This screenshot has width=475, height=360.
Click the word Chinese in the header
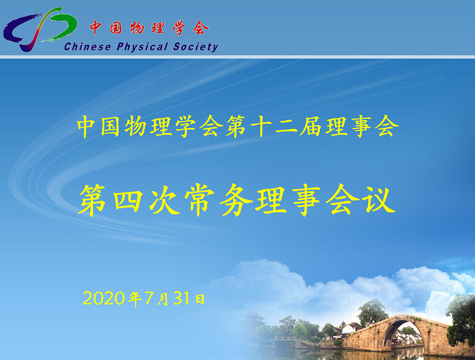(x=87, y=47)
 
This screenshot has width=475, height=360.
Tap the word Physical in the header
(x=142, y=47)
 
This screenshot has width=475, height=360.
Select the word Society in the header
(x=196, y=47)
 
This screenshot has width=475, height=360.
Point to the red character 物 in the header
(x=137, y=28)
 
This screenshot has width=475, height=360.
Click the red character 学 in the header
(x=179, y=28)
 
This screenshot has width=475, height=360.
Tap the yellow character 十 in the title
(x=262, y=127)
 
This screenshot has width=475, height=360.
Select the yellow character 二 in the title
(x=286, y=127)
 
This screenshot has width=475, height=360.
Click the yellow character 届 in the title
(x=310, y=127)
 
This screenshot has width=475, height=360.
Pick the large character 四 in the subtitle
(x=128, y=200)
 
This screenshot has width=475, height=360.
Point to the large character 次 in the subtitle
(x=163, y=200)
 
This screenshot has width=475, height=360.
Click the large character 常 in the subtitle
(x=199, y=200)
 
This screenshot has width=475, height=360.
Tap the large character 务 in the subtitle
(x=236, y=200)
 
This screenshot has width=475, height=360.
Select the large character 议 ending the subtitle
(x=380, y=200)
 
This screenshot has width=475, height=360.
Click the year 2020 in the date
(x=104, y=299)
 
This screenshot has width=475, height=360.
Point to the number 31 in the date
(x=182, y=298)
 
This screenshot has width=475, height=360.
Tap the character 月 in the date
(x=163, y=299)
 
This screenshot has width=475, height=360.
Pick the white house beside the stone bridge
(x=350, y=329)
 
